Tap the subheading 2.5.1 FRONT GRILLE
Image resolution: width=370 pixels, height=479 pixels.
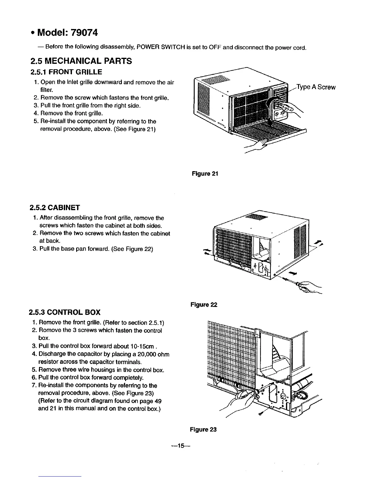pos(67,72)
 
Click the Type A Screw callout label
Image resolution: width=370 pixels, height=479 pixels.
pos(316,87)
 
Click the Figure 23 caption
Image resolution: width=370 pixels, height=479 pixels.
pos(203,429)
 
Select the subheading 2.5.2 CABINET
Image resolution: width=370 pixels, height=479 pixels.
pos(55,208)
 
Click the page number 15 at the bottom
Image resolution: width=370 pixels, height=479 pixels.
pos(181,446)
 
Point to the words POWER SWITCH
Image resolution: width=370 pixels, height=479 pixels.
pos(154,47)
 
